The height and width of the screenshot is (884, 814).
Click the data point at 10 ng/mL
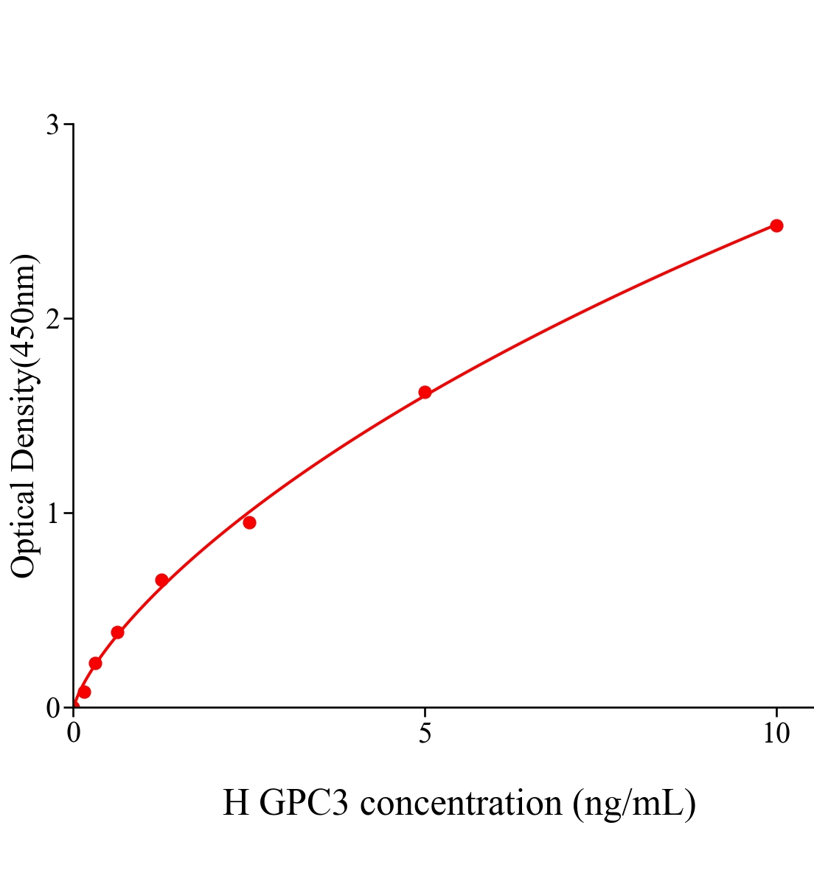tap(776, 225)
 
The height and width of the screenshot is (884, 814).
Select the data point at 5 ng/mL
tap(425, 392)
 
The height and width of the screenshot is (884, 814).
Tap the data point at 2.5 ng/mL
tap(249, 522)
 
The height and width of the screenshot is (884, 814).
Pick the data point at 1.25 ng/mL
tap(161, 580)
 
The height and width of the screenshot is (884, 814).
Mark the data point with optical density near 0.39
tap(117, 632)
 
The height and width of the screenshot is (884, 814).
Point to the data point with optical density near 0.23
tap(95, 663)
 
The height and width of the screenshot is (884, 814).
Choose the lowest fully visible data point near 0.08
tap(84, 692)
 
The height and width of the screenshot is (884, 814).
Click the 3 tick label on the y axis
tap(52, 125)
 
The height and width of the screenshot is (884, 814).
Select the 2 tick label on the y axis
tap(52, 319)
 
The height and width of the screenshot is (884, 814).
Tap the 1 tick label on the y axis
tap(52, 513)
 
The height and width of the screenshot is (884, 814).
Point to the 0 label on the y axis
tap(52, 708)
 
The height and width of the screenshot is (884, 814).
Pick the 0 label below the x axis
tap(74, 734)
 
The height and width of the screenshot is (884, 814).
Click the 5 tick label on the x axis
tap(425, 734)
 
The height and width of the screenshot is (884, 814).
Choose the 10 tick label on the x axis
tap(776, 734)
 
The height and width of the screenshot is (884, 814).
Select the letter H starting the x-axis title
tap(236, 803)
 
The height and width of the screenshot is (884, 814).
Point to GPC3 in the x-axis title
tap(304, 803)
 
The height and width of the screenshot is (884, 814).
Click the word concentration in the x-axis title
tap(461, 803)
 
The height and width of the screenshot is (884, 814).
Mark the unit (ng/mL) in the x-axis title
tap(634, 803)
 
